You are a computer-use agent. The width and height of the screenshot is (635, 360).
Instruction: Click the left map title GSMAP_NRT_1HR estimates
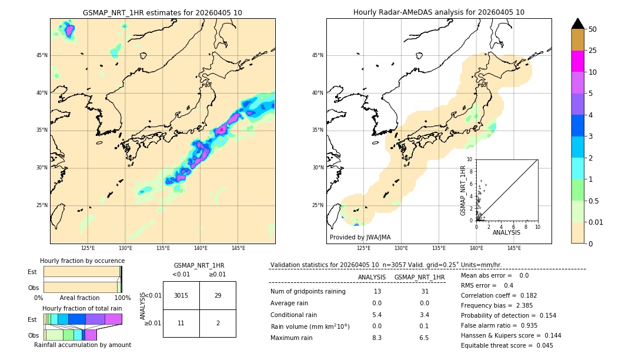pos(162,12)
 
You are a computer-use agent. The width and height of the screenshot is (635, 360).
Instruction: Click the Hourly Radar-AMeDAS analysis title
pos(439,12)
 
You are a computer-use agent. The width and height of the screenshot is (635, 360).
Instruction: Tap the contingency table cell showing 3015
pos(181,295)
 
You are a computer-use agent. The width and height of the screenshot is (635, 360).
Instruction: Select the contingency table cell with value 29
pos(218,295)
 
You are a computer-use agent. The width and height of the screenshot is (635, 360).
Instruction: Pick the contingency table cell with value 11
pos(181,324)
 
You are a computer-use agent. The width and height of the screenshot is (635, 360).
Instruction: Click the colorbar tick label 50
pos(593,29)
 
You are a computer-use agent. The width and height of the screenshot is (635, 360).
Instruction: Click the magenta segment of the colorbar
pos(577,61)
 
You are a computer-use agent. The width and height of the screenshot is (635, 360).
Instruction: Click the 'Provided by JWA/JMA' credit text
pos(360,238)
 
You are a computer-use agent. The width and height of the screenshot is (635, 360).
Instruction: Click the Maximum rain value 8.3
pos(377,338)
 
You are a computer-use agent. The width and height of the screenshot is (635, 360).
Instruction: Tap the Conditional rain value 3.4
pos(424,315)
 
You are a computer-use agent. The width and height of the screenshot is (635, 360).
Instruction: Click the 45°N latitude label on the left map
pos(42,55)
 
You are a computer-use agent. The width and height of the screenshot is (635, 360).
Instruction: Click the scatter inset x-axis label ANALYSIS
pos(506,232)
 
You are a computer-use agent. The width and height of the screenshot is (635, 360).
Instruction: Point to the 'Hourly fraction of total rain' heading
pos(82,308)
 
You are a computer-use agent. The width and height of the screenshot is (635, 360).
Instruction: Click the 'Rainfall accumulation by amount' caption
pos(82,345)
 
